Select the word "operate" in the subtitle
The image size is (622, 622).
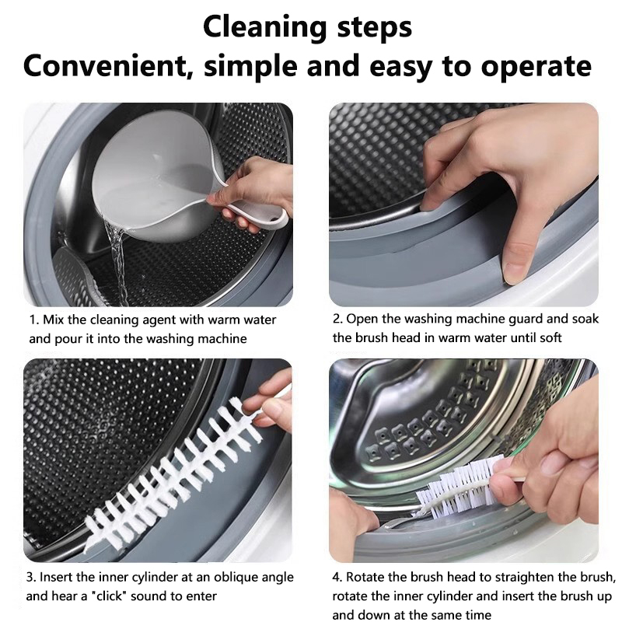536,68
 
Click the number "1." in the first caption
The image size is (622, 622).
34,320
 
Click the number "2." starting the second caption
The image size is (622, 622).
338,319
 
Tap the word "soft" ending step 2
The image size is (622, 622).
551,338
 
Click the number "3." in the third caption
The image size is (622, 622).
31,578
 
